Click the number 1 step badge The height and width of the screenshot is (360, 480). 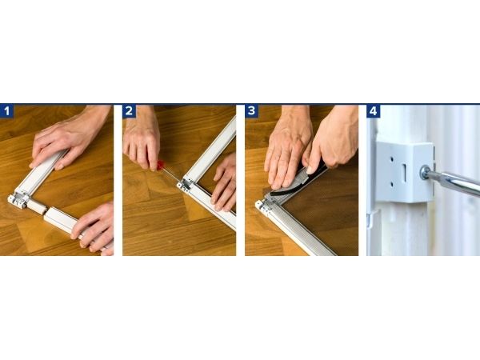click(6, 111)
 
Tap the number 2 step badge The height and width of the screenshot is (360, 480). click(129, 111)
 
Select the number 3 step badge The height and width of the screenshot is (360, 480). click(252, 111)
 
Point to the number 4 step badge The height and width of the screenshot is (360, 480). click(373, 111)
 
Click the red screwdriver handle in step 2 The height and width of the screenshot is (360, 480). click(160, 166)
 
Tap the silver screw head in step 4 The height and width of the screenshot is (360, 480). click(425, 172)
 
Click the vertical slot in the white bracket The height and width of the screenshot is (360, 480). click(404, 172)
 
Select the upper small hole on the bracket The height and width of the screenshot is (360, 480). click(392, 159)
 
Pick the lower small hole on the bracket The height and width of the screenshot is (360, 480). click(392, 185)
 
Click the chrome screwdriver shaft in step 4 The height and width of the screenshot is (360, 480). click(454, 182)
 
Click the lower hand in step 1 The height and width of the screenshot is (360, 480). click(94, 227)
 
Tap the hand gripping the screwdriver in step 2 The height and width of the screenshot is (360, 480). click(142, 138)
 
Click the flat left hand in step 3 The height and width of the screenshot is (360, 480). click(286, 150)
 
